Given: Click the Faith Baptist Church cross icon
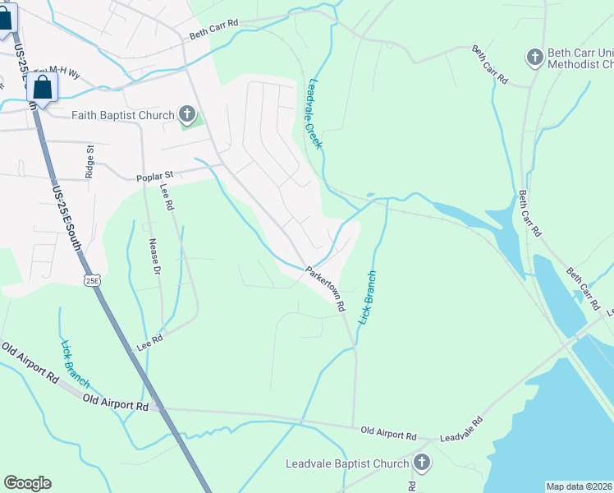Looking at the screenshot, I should click(x=186, y=115).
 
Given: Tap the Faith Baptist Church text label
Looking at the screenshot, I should click(x=123, y=115).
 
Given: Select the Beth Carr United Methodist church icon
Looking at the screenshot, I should click(x=534, y=57).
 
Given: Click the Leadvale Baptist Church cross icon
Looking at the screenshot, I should click(x=422, y=463).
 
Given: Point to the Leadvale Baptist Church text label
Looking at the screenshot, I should click(x=346, y=463).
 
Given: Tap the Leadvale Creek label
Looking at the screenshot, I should click(x=314, y=113).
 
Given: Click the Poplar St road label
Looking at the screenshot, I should click(x=154, y=176).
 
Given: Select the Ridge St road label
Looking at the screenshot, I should click(x=90, y=162).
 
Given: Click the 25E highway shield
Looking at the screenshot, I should click(x=92, y=280).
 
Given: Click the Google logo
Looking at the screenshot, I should click(x=27, y=483).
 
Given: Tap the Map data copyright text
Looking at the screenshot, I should click(x=579, y=486).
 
